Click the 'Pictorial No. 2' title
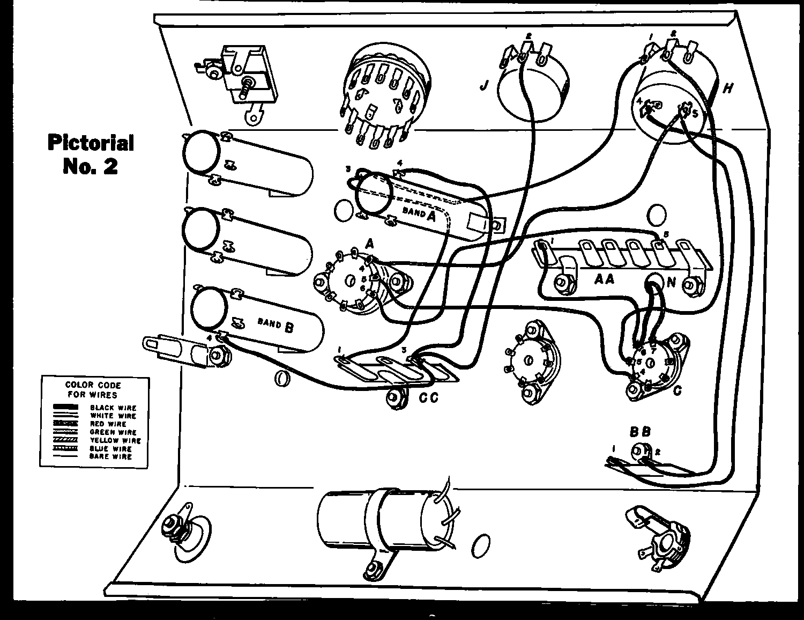90,154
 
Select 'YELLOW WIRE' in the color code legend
115,440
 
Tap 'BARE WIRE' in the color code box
110,456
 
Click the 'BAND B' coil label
275,324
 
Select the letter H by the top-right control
727,88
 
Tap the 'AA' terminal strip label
604,279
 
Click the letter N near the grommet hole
671,282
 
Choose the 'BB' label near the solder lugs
640,431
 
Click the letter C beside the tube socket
678,390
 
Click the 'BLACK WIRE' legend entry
113,408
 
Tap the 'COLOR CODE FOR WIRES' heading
93,389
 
